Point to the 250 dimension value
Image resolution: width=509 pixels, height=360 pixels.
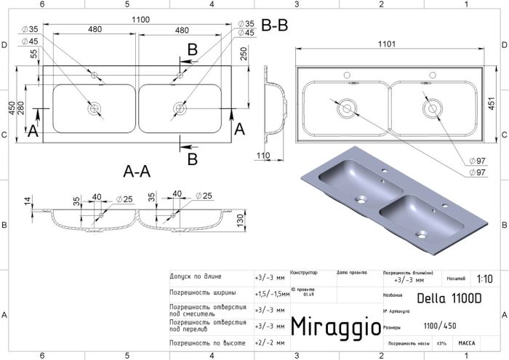[244, 53]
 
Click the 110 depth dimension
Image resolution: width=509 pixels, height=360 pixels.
[262, 156]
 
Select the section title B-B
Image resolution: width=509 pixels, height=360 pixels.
[274, 26]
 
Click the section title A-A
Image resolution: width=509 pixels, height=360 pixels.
[137, 172]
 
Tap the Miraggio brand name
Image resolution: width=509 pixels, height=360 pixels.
[334, 327]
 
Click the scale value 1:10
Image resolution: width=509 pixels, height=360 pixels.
[484, 279]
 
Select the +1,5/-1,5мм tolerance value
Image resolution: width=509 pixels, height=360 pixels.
[270, 294]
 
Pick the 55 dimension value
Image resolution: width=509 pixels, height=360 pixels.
[33, 55]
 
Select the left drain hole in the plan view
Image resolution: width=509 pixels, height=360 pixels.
[94, 110]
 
